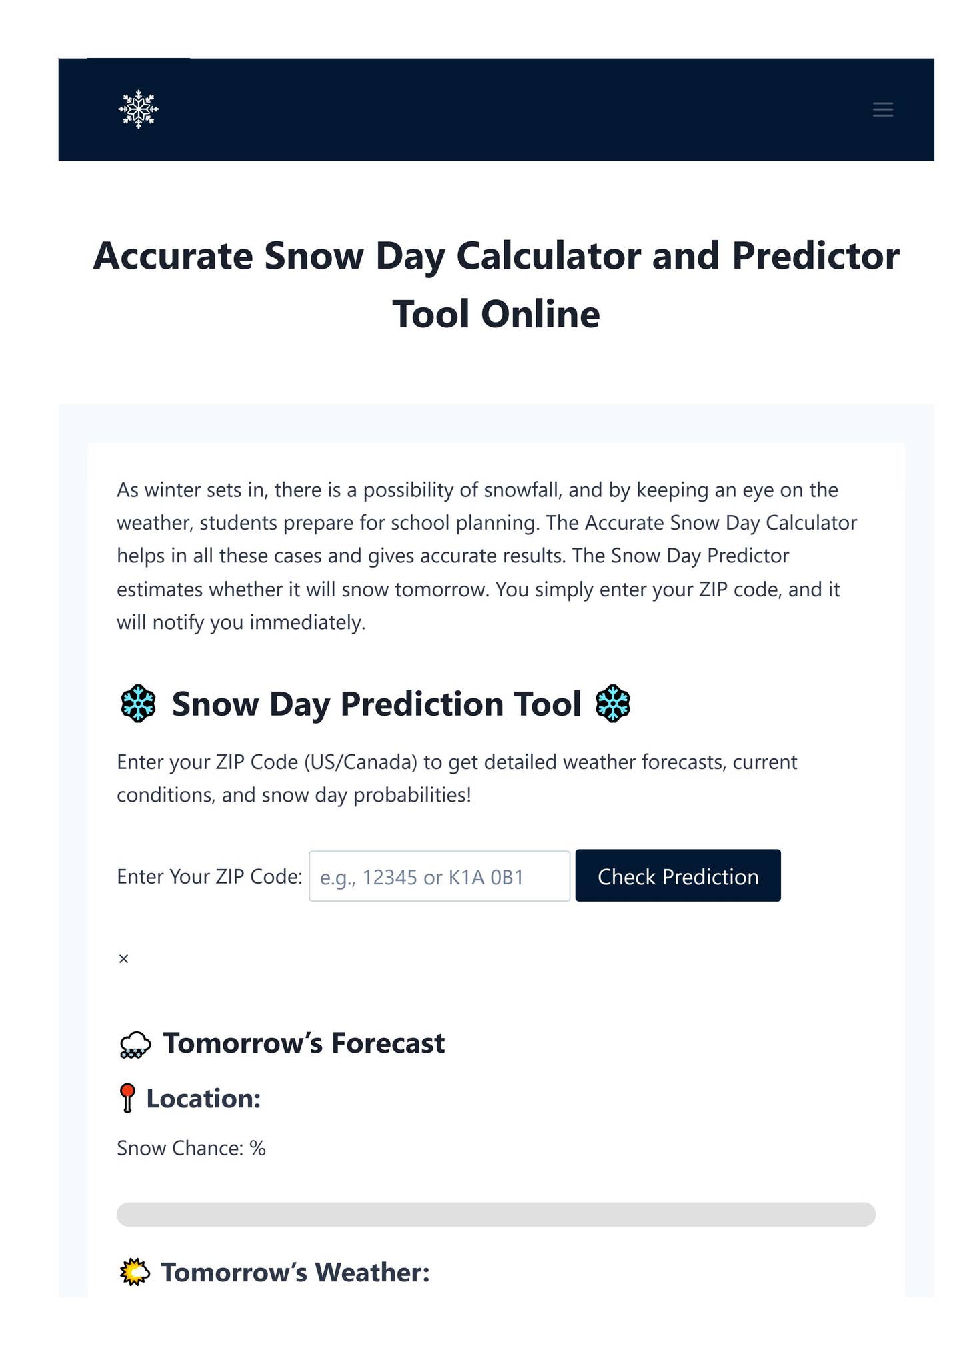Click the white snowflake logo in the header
pos(139,109)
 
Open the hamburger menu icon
pos(882,109)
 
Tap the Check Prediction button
pos(678,876)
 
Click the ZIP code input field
pos(439,876)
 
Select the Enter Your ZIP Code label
pos(209,876)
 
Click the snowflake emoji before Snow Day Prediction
pos(138,704)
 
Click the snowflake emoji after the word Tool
pos(612,704)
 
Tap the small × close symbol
pos(123,959)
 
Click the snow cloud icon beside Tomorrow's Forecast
pos(135,1045)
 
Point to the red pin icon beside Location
pos(127,1098)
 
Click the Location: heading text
pos(203,1099)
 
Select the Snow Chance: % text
pos(191,1148)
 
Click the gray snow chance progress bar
pos(496,1214)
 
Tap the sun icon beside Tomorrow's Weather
pos(134,1272)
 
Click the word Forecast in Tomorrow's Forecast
pos(387,1043)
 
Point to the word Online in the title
pos(540,314)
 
